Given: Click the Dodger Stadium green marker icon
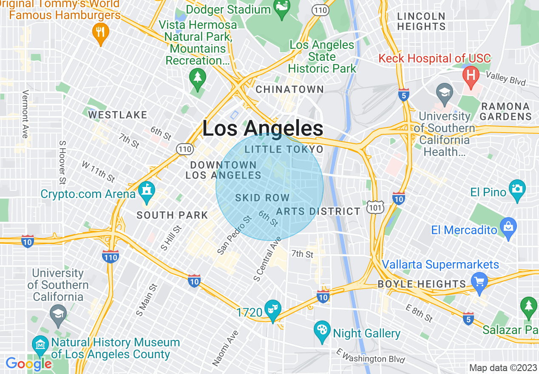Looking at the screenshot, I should (x=281, y=10).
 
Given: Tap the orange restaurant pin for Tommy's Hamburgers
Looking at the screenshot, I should (x=101, y=33).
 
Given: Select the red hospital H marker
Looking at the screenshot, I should (x=471, y=76).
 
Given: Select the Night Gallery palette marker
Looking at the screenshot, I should (x=322, y=330).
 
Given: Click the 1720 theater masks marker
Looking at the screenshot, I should (x=272, y=309).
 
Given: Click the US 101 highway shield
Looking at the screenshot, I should (x=376, y=206).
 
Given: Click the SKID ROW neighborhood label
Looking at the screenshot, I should (x=262, y=198).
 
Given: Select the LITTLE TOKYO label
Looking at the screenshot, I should (x=284, y=149).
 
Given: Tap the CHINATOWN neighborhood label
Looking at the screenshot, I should (x=289, y=90).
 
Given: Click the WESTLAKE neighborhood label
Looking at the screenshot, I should (x=118, y=115).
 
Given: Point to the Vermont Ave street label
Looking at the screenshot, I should (x=25, y=114).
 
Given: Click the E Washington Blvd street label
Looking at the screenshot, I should (x=370, y=356).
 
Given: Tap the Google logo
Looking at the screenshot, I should (x=28, y=364).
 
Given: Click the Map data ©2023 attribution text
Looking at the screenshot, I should (x=503, y=368).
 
